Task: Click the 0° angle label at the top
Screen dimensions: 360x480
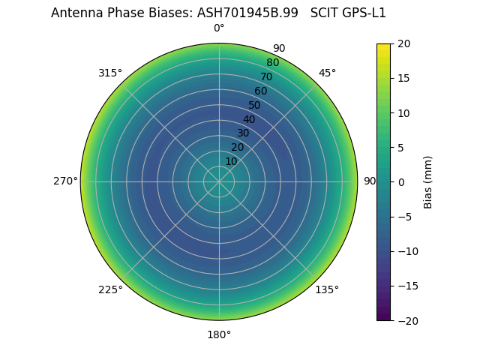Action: point(219,28)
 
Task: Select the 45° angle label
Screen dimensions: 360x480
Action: point(327,73)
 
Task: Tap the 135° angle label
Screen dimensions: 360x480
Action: point(327,289)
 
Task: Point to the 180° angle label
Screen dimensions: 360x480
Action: point(219,334)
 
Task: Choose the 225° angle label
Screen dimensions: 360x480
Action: point(110,289)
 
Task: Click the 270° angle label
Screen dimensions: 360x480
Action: point(65,181)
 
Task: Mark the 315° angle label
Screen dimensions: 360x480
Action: point(110,73)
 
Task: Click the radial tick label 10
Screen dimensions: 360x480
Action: point(231,161)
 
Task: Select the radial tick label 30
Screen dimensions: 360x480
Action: point(243,133)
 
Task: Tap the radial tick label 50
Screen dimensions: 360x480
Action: point(255,105)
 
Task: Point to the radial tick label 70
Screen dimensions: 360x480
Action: point(267,76)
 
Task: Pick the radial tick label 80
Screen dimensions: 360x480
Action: point(273,63)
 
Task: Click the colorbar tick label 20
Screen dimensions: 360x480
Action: point(403,43)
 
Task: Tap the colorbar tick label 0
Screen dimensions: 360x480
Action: point(401,182)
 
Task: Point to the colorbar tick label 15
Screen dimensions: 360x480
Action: point(403,78)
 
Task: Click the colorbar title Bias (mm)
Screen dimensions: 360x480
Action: point(428,182)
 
